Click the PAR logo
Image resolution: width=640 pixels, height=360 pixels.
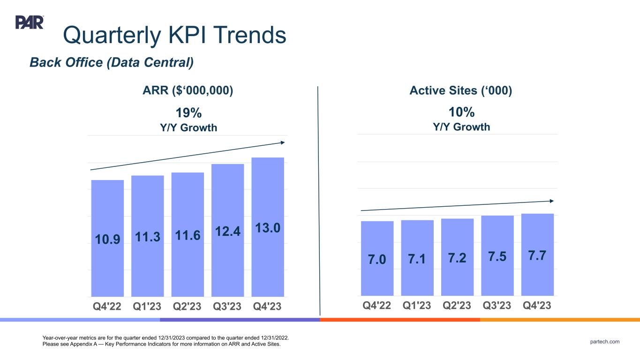(x=30, y=22)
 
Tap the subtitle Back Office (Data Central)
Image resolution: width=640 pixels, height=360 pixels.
(x=112, y=62)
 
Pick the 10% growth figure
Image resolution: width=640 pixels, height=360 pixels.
(x=462, y=112)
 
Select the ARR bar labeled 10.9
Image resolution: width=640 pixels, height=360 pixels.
(x=107, y=253)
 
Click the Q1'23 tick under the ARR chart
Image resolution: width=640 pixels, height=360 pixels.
(x=147, y=306)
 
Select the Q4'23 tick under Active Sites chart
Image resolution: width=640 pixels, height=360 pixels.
(x=537, y=305)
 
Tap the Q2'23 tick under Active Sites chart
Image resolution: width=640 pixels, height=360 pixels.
(x=457, y=305)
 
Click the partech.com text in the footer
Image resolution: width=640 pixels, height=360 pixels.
(x=605, y=342)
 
